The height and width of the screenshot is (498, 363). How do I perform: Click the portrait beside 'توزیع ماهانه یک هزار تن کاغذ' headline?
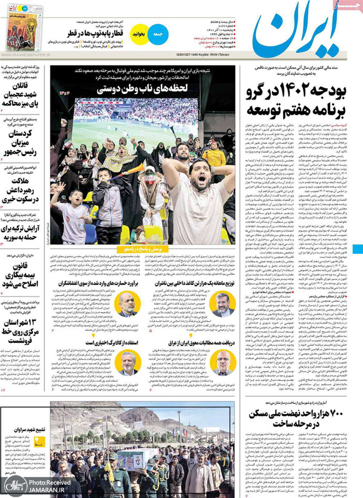coord(223,303)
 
